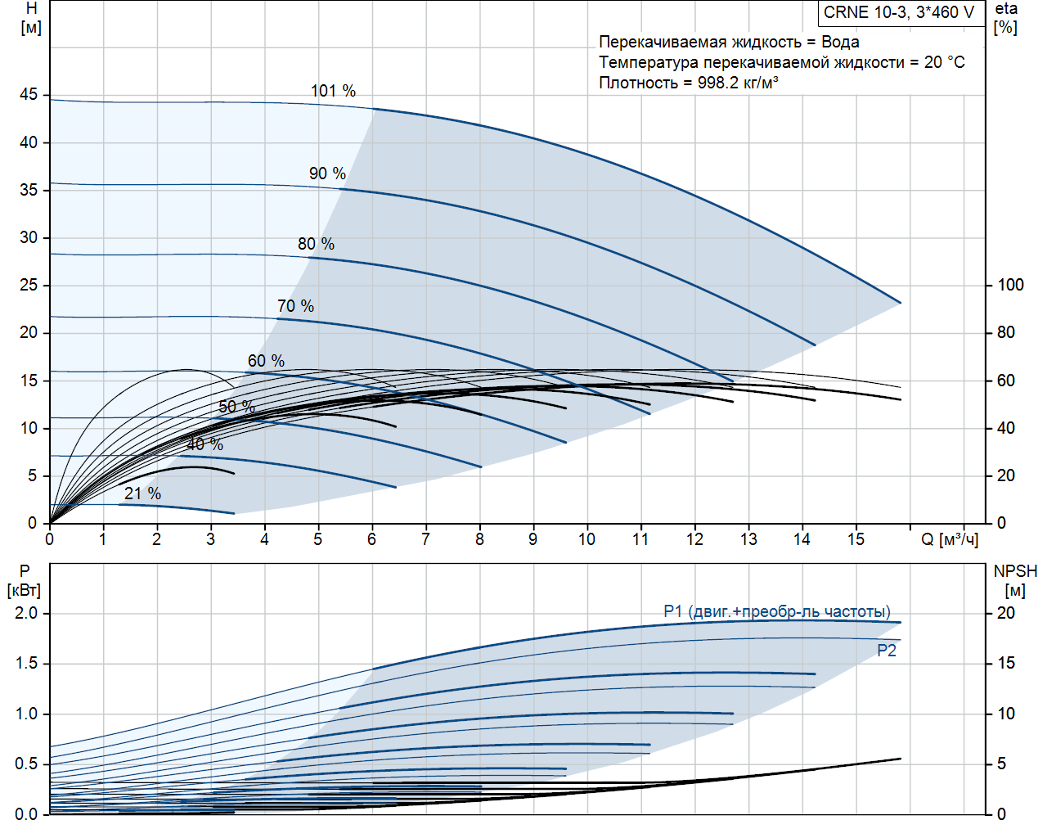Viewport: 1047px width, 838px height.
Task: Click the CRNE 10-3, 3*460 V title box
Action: (x=899, y=12)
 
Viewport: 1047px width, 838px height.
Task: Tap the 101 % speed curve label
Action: (x=333, y=91)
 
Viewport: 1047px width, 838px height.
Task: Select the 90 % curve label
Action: (x=327, y=173)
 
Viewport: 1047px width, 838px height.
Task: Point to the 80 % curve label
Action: (x=316, y=244)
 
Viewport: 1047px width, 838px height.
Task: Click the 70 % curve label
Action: (x=295, y=306)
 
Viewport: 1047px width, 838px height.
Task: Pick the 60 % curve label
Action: (x=266, y=361)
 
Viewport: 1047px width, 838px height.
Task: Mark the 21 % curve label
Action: (x=142, y=493)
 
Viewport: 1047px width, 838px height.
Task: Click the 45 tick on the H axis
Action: (x=29, y=95)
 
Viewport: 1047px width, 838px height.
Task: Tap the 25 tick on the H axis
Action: (x=29, y=285)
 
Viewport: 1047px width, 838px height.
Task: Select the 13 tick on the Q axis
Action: (x=748, y=539)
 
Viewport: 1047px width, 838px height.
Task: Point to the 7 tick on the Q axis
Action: (x=425, y=539)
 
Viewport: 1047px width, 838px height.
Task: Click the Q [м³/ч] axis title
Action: (x=950, y=539)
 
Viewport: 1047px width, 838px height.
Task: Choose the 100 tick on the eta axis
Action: (x=1010, y=285)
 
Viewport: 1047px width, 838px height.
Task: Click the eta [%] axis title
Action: (x=1006, y=18)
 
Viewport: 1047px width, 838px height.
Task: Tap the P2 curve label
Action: (x=887, y=651)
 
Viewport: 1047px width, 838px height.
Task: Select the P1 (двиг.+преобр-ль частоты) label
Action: (x=777, y=611)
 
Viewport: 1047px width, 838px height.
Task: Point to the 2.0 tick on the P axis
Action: (x=26, y=613)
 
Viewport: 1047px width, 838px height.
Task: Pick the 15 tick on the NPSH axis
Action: (x=1006, y=663)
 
